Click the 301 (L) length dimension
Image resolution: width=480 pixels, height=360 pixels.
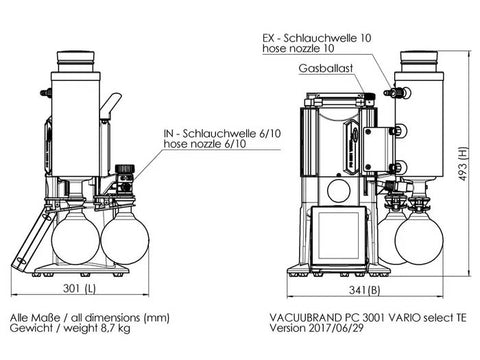[x=79, y=288]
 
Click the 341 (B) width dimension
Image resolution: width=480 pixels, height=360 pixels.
[x=365, y=290]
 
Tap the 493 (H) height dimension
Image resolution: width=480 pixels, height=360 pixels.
[x=463, y=164]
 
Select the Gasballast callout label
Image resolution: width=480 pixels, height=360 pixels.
[x=326, y=68]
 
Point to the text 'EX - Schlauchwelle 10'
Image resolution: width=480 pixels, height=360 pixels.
[x=317, y=38]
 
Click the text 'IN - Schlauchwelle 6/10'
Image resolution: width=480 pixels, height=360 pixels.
[x=222, y=133]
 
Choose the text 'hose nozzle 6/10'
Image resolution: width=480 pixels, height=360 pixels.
[x=205, y=144]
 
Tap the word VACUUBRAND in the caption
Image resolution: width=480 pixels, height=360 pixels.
[x=305, y=317]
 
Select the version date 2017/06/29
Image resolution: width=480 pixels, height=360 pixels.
[x=336, y=328]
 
